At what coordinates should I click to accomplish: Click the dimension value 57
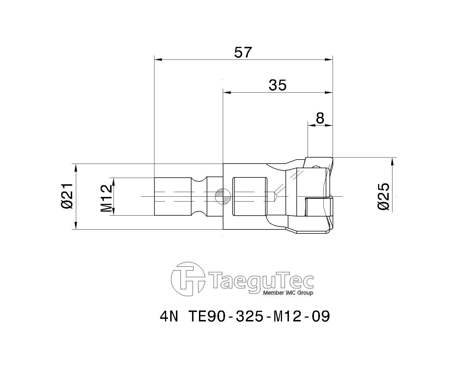coord(243,53)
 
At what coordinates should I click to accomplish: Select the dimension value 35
coord(277,85)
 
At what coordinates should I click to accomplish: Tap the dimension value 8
coord(320,118)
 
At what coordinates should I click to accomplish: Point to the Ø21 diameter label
coord(67,196)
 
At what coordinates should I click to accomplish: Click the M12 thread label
coord(106,198)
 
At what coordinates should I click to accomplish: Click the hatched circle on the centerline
coord(223,196)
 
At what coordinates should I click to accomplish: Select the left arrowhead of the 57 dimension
coord(158,60)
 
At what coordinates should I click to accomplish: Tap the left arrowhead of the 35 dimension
coord(227,93)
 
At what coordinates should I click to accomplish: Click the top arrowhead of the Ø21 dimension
coord(76,167)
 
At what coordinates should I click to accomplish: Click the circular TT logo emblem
coord(188,279)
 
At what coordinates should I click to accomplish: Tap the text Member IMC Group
coord(288,293)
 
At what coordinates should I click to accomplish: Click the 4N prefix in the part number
coord(169,317)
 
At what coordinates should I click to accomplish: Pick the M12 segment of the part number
coord(287,317)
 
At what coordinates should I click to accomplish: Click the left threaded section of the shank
coord(172,196)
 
